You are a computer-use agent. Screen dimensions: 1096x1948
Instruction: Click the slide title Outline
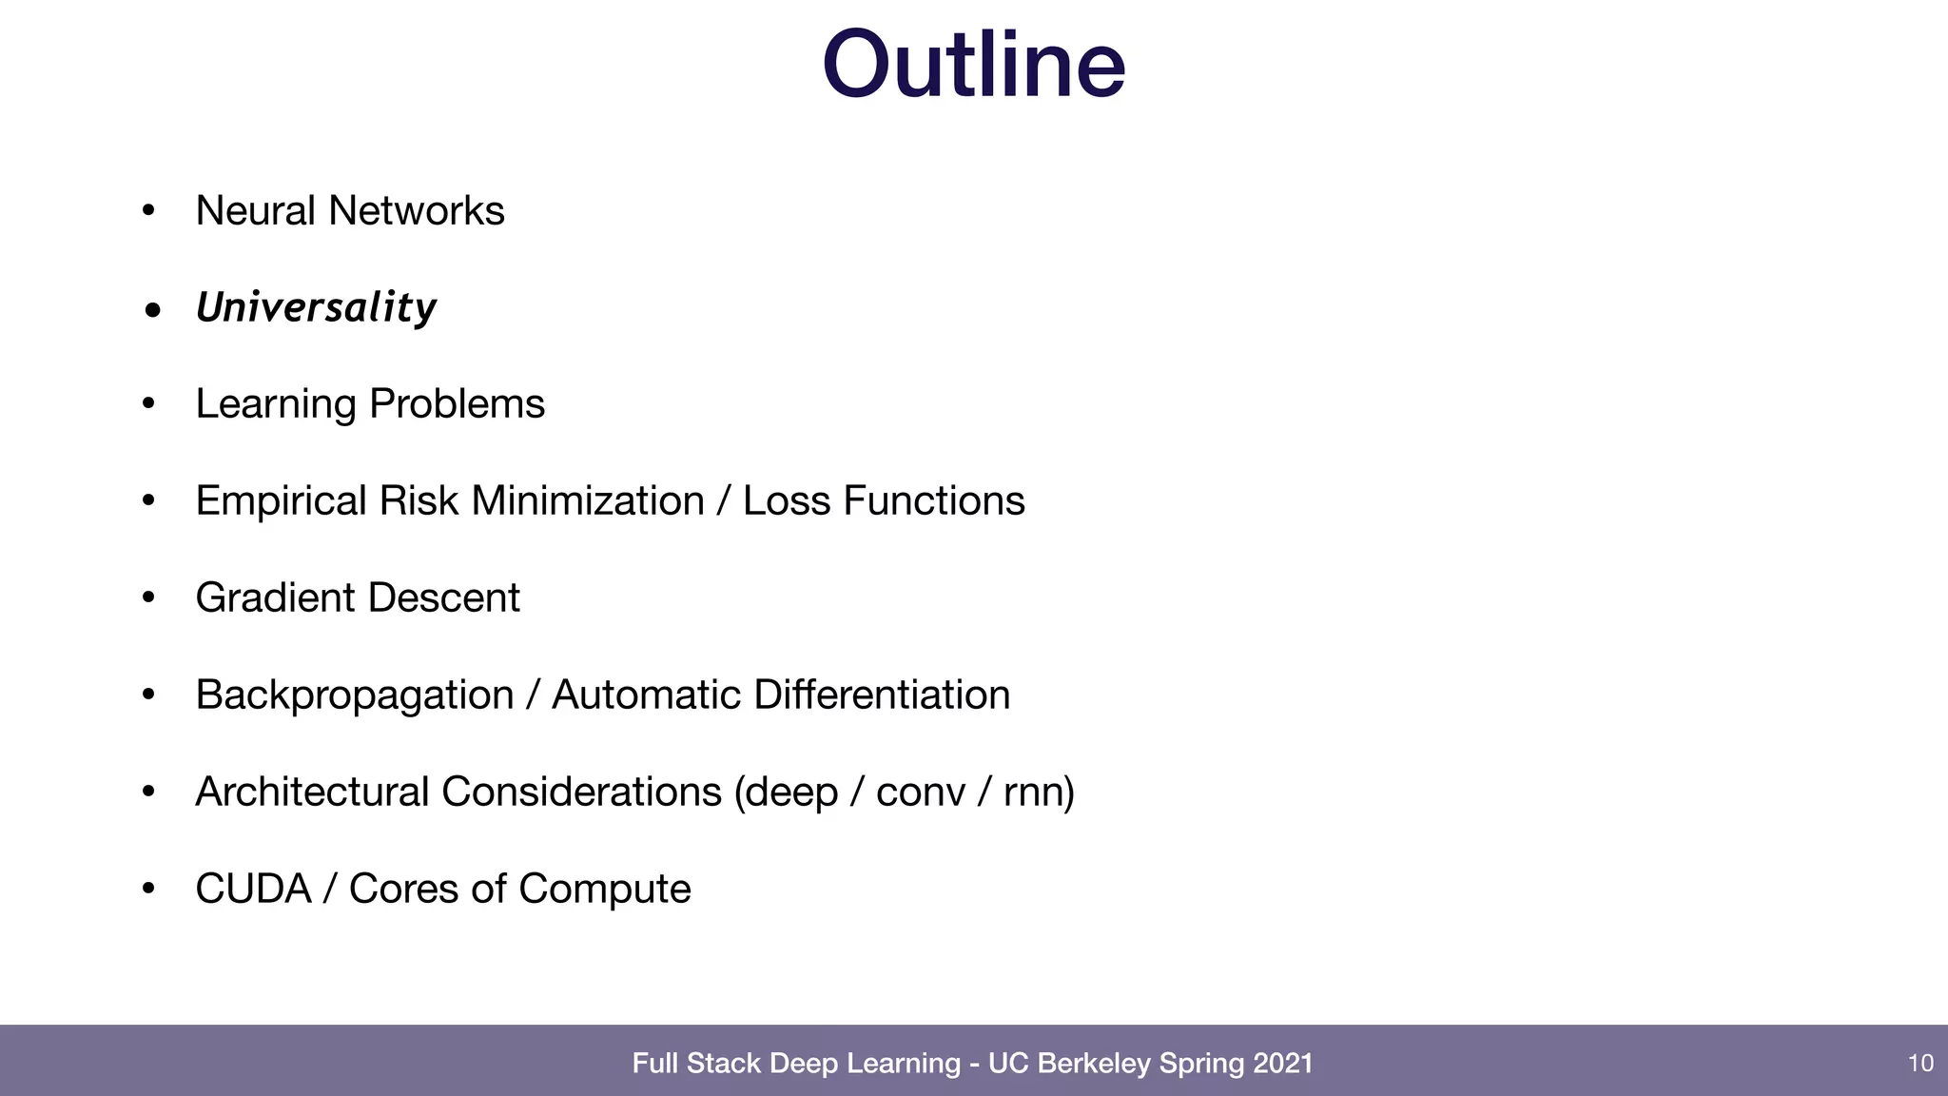[x=973, y=65]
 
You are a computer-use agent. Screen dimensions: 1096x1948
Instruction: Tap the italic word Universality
[x=316, y=307]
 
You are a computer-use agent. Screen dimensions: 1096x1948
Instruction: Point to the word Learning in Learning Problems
[x=276, y=404]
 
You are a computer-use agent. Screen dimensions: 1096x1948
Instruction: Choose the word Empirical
[x=281, y=501]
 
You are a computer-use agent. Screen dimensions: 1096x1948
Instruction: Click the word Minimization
[x=587, y=500]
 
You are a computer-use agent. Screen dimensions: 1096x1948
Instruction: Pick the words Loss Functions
[x=883, y=500]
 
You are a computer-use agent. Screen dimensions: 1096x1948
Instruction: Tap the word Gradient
[x=275, y=597]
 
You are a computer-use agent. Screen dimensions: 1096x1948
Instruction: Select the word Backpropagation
[x=354, y=695]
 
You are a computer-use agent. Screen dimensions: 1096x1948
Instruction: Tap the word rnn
[x=1038, y=793]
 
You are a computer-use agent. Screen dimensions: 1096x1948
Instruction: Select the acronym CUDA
[x=253, y=889]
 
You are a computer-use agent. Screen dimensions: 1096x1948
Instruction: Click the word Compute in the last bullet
[x=604, y=890]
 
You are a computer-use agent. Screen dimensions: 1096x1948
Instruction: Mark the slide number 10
[x=1920, y=1063]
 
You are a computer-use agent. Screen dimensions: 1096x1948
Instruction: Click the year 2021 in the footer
[x=1282, y=1063]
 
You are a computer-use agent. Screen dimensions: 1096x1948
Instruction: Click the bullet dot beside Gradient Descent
[x=148, y=597]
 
